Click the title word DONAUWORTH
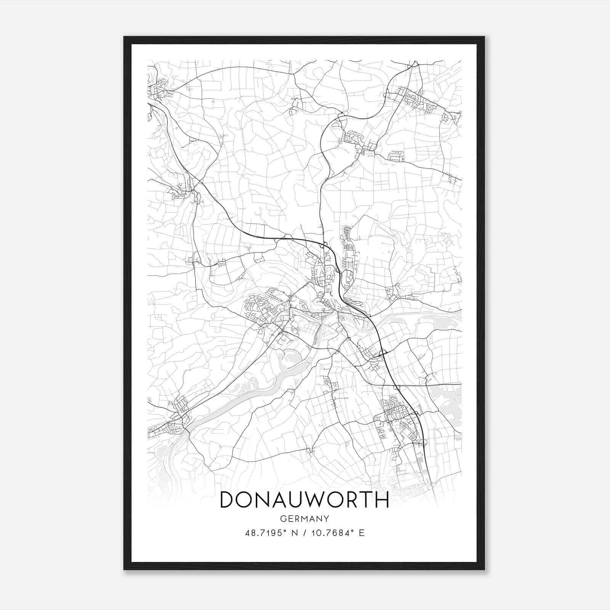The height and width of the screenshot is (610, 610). pyautogui.click(x=304, y=499)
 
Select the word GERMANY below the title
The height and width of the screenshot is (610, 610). pyautogui.click(x=304, y=518)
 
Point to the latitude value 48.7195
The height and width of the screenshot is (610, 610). pyautogui.click(x=262, y=533)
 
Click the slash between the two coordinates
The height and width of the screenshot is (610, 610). pyautogui.click(x=305, y=533)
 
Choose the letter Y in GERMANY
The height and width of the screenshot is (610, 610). pyautogui.click(x=326, y=518)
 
